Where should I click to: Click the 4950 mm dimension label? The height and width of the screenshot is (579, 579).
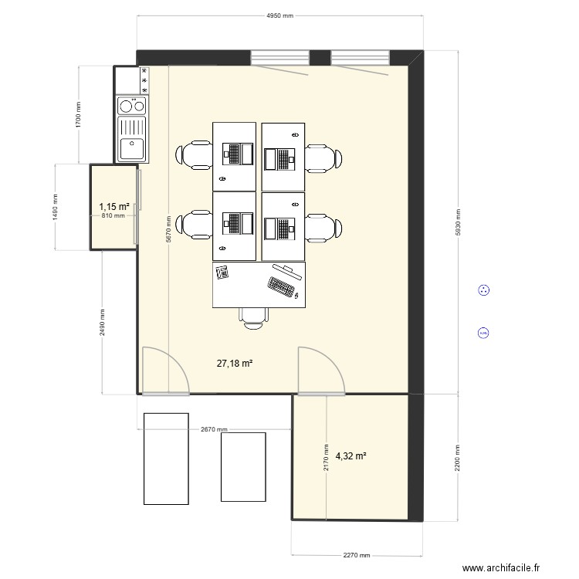point(279,15)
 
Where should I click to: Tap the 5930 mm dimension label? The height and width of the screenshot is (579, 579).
point(458,222)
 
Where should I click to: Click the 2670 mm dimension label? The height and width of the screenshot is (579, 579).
point(214,430)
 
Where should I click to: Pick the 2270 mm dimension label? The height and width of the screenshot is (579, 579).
point(356,555)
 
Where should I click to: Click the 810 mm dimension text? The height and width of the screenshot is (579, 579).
point(113,215)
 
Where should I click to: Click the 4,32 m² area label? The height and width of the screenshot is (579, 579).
point(350,456)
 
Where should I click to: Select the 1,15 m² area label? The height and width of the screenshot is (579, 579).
point(113,206)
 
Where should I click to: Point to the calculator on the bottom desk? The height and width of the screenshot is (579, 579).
point(223,272)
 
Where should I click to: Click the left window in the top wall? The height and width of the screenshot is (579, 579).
point(279,58)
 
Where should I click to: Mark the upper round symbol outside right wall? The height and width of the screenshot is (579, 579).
point(484,290)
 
